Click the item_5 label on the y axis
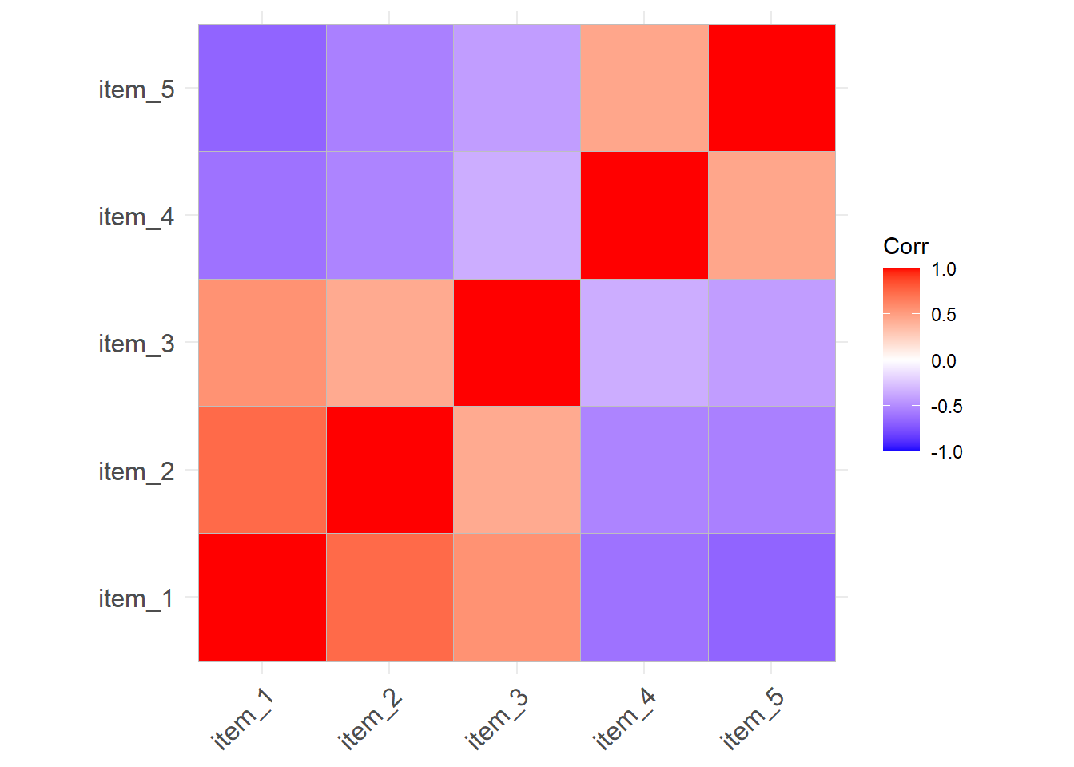click(x=136, y=89)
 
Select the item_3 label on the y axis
click(x=136, y=344)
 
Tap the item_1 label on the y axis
click(x=136, y=598)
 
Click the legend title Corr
click(x=905, y=246)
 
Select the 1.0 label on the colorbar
click(x=944, y=269)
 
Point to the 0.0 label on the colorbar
click(x=944, y=361)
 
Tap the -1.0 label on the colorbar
click(x=946, y=452)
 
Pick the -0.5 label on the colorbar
click(x=946, y=407)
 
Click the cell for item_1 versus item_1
click(x=262, y=597)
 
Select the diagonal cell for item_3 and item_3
click(x=517, y=343)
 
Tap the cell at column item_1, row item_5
click(x=262, y=88)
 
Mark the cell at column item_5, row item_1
click(x=771, y=597)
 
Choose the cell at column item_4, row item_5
click(x=644, y=88)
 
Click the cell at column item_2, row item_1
click(x=389, y=597)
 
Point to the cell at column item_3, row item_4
click(x=517, y=215)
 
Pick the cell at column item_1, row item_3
click(x=262, y=343)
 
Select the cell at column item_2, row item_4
click(x=389, y=215)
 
